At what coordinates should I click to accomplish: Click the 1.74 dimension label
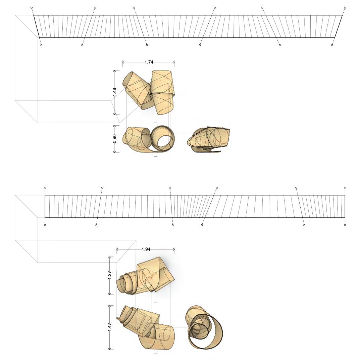pos(149,62)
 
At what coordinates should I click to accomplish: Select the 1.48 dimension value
pos(115,92)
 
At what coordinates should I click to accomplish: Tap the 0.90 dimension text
pos(115,138)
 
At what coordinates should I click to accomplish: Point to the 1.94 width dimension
pos(146,249)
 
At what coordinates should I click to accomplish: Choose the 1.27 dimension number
pos(109,275)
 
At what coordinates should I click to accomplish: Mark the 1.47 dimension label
pos(109,327)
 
